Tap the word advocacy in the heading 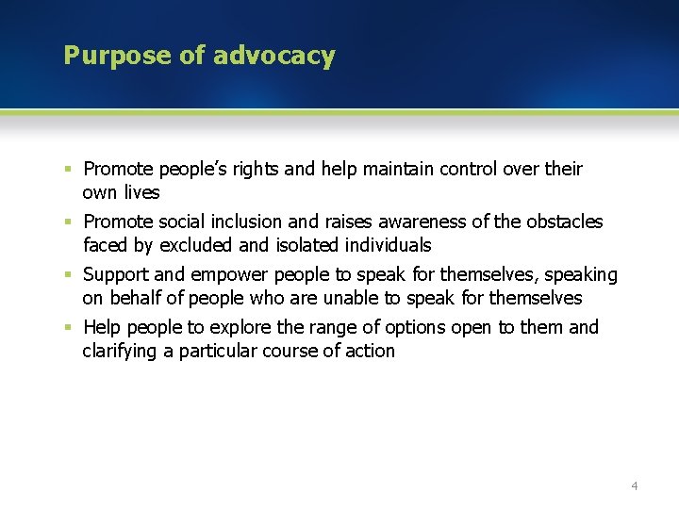click(273, 56)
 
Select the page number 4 click(634, 485)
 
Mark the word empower click(231, 275)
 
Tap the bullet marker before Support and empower click(69, 275)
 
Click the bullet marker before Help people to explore click(69, 328)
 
